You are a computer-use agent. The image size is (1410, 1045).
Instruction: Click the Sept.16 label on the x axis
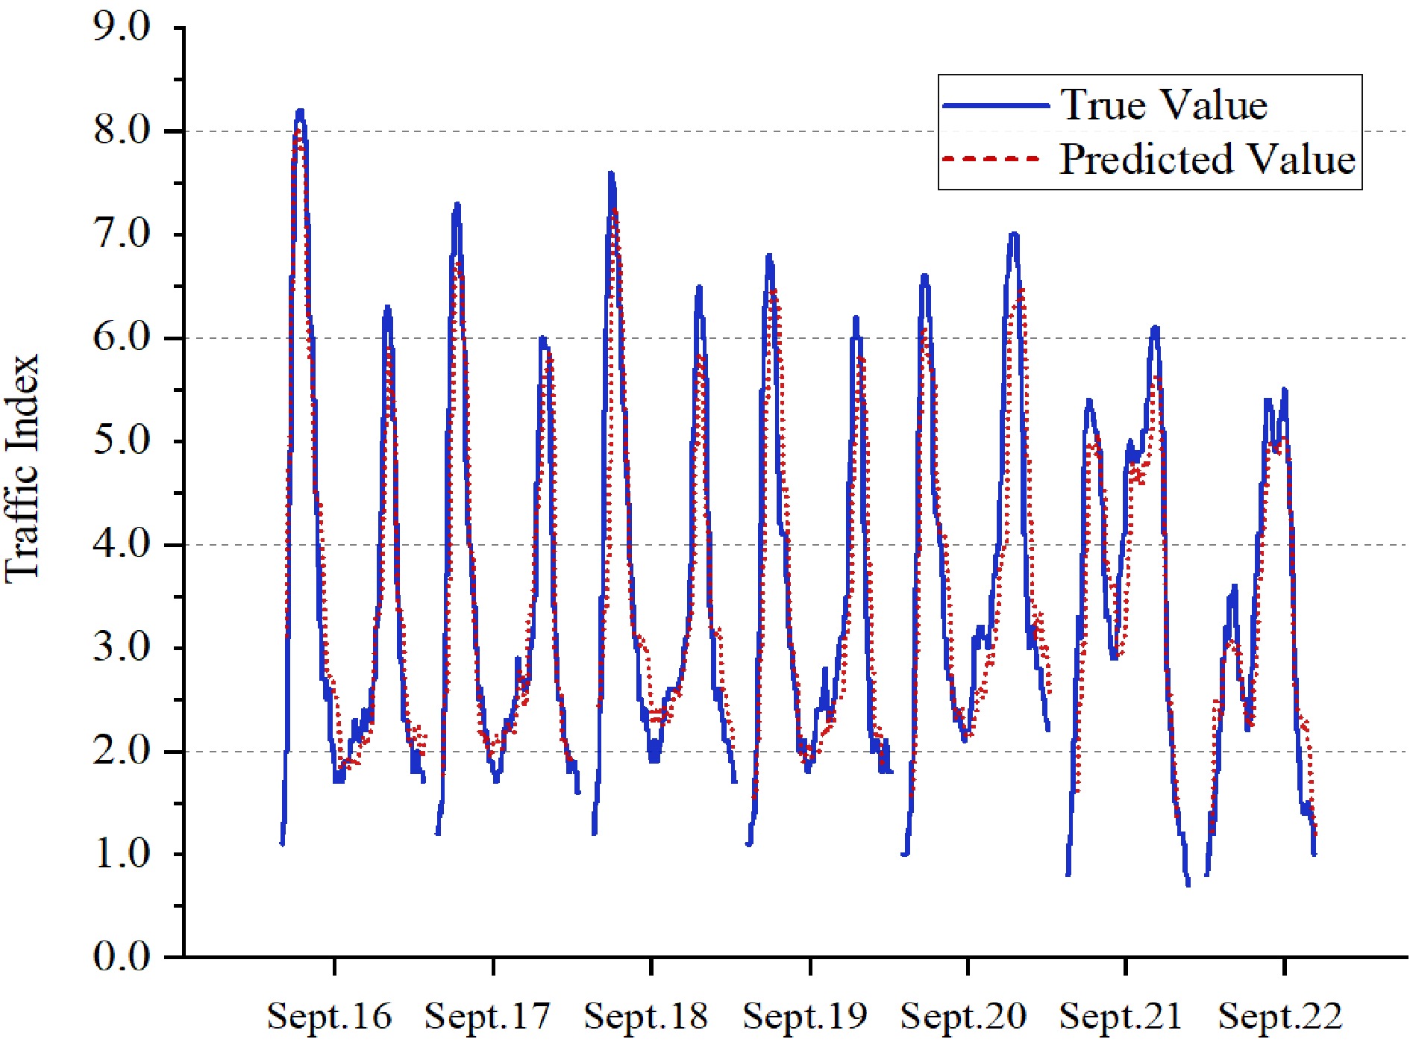(329, 1016)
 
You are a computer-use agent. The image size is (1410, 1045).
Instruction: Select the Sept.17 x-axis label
(487, 1016)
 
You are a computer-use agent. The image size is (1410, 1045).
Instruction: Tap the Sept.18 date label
(645, 1016)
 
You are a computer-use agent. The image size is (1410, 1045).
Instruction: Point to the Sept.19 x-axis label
(805, 1016)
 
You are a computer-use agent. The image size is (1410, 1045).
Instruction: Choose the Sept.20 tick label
(963, 1016)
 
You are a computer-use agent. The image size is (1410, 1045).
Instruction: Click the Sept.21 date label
(1121, 1016)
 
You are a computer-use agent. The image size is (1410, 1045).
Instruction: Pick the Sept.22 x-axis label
(1280, 1016)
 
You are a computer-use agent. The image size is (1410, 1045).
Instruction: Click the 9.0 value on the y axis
(122, 28)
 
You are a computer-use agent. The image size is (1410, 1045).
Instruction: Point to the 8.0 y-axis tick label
(122, 131)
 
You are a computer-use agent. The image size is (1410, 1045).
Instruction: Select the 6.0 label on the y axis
(122, 337)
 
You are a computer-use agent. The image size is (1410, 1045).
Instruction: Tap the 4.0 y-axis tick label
(122, 544)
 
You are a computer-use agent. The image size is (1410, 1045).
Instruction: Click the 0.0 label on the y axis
(122, 957)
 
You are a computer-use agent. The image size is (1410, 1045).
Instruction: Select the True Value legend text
(1164, 104)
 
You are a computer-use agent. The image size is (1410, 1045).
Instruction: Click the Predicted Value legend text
(1206, 159)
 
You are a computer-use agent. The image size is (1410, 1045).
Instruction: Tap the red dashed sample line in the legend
(991, 159)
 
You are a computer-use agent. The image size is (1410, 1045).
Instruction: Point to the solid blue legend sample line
(995, 105)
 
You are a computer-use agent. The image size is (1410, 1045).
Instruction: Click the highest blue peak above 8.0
(300, 111)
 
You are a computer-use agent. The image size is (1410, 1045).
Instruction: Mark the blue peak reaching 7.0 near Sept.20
(1013, 234)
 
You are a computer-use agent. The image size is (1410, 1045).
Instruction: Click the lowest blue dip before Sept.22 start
(1188, 884)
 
